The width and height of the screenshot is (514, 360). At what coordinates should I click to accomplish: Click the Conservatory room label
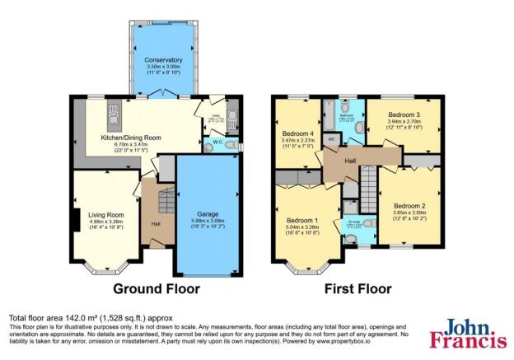163,60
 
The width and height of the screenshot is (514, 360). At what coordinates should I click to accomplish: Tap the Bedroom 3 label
404,113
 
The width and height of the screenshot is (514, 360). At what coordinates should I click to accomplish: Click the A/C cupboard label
330,140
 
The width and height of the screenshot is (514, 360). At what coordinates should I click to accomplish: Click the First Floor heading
357,289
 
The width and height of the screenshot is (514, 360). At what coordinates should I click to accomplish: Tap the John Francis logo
468,334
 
